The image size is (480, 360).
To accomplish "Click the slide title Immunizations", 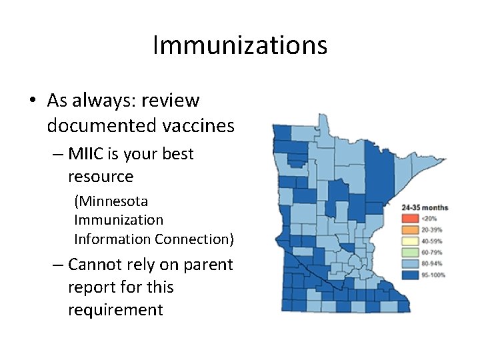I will pos(240,46).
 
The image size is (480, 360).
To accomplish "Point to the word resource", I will pos(101,177).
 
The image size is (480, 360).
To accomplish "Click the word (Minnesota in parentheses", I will pos(111,201).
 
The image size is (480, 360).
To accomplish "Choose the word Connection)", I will pos(194,239).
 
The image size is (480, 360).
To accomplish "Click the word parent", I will pos(209,265).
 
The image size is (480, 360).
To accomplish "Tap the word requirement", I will pos(115,310).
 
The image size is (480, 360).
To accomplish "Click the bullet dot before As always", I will pos(33,101).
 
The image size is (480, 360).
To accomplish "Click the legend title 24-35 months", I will pos(424,208).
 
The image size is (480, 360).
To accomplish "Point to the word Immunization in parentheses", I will pos(119,220).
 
